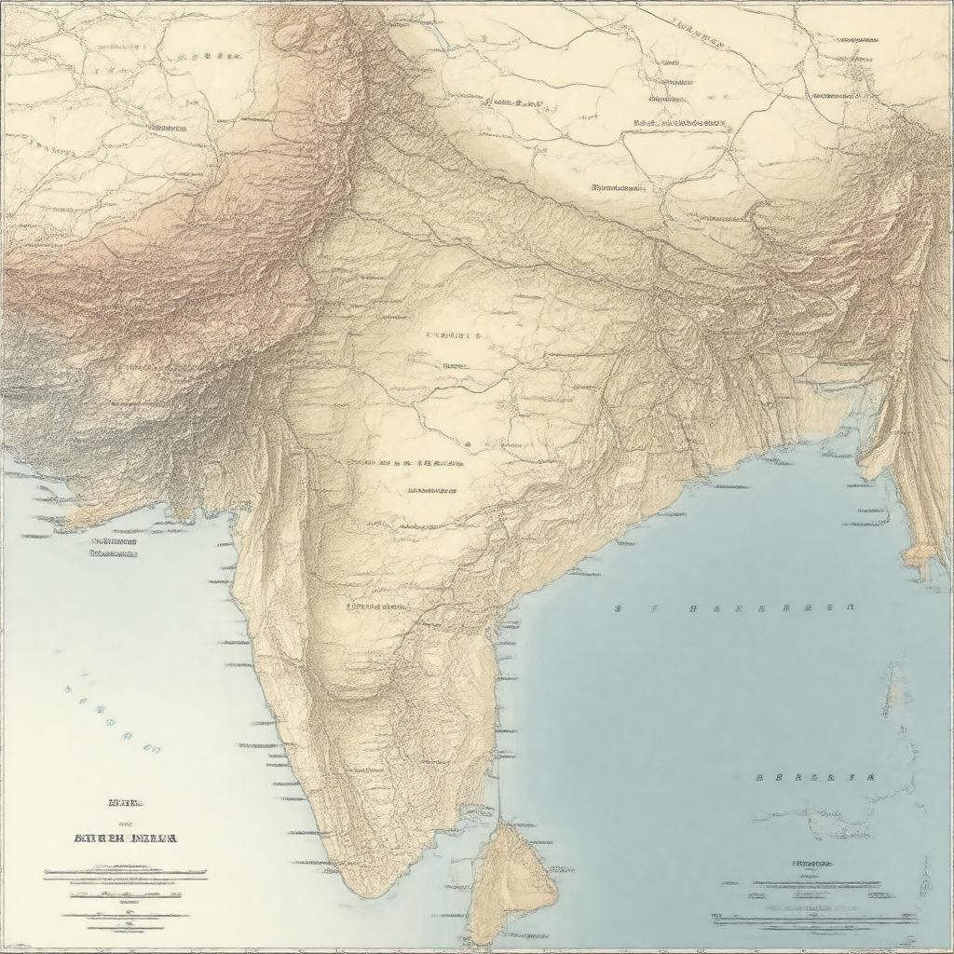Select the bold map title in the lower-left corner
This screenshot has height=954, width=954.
tap(125, 838)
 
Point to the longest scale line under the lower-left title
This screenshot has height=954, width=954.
tap(125, 876)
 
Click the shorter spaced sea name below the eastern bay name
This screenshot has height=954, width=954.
tap(815, 776)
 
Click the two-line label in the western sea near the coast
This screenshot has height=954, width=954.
tap(114, 547)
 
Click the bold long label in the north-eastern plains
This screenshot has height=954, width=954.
tap(680, 122)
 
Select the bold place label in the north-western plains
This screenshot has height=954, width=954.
tap(154, 128)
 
